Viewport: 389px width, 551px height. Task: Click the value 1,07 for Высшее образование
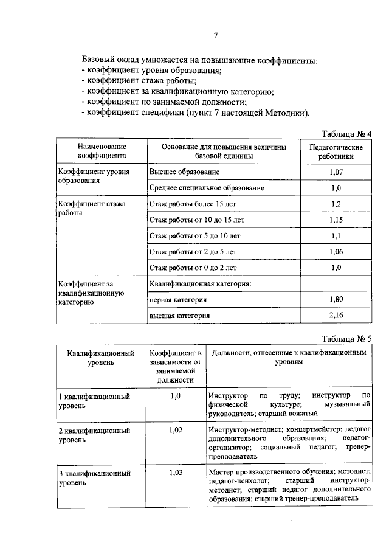(x=336, y=172)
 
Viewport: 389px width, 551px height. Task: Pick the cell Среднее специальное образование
(x=206, y=188)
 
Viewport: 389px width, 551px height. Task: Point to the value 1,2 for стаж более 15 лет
(x=336, y=204)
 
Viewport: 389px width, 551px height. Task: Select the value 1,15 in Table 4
(x=336, y=220)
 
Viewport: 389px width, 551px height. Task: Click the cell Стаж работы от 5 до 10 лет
(x=194, y=235)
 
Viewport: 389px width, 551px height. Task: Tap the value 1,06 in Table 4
(x=336, y=251)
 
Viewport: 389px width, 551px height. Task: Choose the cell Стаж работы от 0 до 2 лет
(x=193, y=267)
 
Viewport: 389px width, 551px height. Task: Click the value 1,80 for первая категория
(x=336, y=299)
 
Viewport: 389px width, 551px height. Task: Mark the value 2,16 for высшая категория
(x=336, y=315)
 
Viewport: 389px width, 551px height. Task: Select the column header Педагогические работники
(x=336, y=151)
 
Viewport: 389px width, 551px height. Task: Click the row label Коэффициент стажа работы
(x=91, y=209)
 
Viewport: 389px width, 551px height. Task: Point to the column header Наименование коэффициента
(x=102, y=151)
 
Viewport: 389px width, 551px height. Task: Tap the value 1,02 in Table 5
(x=176, y=430)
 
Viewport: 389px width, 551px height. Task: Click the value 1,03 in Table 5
(x=176, y=472)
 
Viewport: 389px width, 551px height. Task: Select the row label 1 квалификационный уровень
(x=94, y=401)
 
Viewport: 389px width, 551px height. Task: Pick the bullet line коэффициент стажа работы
(x=139, y=81)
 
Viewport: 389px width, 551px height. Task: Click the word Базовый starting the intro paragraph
(x=100, y=60)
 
